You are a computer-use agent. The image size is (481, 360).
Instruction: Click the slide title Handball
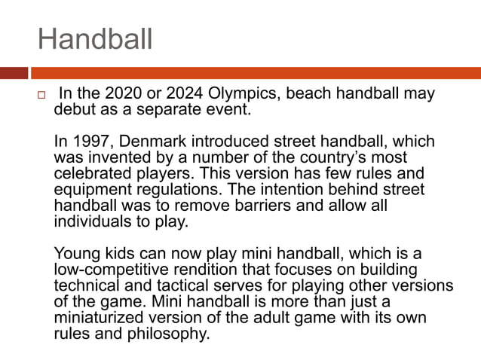click(95, 39)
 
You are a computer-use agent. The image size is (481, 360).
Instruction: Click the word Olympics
click(241, 95)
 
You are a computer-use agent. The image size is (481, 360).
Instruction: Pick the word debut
click(75, 111)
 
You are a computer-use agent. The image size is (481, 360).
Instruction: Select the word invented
click(114, 157)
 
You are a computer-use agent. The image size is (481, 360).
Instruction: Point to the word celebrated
click(88, 174)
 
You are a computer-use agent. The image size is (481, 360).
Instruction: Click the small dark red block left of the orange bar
click(14, 73)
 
